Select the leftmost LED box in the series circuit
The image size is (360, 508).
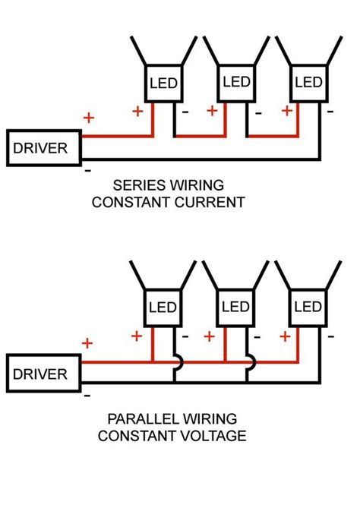163,81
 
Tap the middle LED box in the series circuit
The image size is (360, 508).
236,81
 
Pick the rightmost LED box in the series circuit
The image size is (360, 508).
308,81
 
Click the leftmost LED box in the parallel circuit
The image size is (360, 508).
163,307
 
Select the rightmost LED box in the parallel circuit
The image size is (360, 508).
308,307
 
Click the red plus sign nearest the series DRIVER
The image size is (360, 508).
88,118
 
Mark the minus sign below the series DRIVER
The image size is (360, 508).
88,170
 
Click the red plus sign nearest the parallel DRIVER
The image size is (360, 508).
88,343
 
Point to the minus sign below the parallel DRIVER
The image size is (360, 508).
88,396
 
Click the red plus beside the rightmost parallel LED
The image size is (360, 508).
286,336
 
